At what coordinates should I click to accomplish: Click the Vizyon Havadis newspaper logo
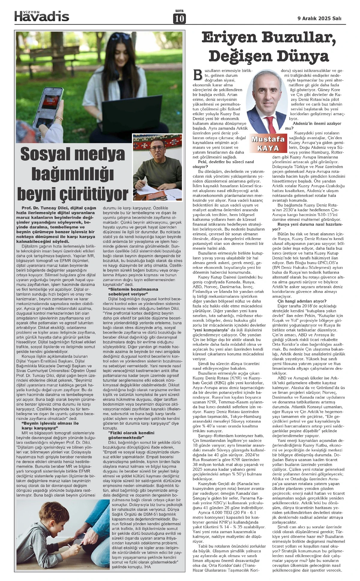[42, 16]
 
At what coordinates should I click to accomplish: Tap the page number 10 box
[179, 19]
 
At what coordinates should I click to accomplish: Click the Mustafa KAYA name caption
[268, 143]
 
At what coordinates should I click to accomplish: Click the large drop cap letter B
[198, 75]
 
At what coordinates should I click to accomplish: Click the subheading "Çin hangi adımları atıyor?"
[302, 301]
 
